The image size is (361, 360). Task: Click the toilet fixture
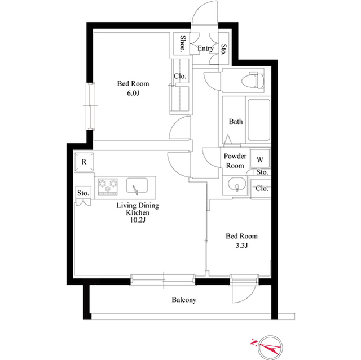[x=253, y=80]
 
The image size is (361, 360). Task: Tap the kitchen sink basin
[x=137, y=185]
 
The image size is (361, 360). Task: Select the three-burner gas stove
[x=108, y=187]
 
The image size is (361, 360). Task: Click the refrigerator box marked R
[x=84, y=162]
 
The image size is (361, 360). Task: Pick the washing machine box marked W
[x=260, y=159]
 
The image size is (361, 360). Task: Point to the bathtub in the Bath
[x=259, y=120]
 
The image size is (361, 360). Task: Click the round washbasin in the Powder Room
[x=236, y=185]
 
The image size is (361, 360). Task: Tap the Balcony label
[x=184, y=300]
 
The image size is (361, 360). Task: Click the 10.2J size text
[x=138, y=220]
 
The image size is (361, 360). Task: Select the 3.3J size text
[x=241, y=246]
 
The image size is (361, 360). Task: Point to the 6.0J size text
[x=133, y=94]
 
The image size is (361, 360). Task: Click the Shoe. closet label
[x=183, y=43]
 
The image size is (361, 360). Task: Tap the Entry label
[x=205, y=48]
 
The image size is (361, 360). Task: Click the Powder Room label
[x=235, y=161]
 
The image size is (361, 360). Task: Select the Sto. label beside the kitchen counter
[x=83, y=193]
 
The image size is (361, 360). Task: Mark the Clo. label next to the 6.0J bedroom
[x=180, y=76]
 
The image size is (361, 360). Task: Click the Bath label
[x=236, y=121]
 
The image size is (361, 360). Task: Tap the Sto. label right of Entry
[x=223, y=50]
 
